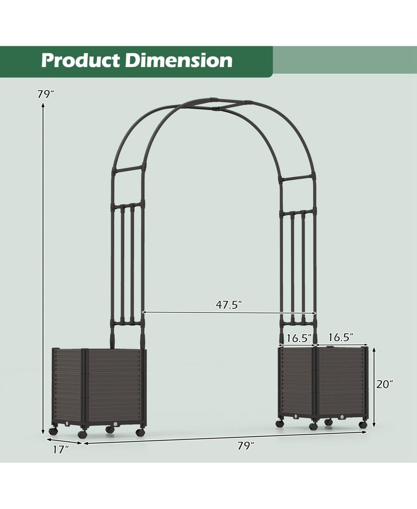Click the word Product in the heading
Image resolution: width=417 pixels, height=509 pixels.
point(81,61)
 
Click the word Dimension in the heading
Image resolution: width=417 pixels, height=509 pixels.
point(179,61)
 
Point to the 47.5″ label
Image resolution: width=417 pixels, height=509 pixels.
point(229,305)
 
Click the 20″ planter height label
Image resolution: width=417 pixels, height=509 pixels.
point(385,384)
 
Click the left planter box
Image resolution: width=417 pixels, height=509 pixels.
point(99,389)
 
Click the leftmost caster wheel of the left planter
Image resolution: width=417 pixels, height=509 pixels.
point(53,431)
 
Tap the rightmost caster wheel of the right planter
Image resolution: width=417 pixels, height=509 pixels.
point(363,425)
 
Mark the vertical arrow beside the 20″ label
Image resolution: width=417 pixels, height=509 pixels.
point(374,387)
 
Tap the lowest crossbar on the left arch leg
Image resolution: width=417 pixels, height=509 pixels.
point(127,324)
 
